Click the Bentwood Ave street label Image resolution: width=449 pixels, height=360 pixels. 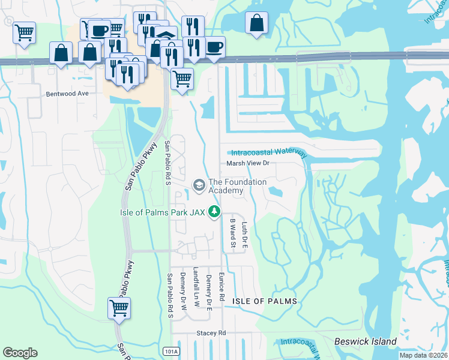(x=67, y=94)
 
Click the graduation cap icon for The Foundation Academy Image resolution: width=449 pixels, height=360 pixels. (x=199, y=184)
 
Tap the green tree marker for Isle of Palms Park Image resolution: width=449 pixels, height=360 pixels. (x=214, y=212)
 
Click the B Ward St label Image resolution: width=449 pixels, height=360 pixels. (x=232, y=233)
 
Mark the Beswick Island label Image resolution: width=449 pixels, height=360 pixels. (x=365, y=341)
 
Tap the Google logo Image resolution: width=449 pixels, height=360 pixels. (x=20, y=352)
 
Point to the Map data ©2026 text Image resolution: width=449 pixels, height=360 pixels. (x=423, y=355)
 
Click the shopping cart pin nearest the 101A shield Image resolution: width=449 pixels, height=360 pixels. (x=119, y=308)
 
